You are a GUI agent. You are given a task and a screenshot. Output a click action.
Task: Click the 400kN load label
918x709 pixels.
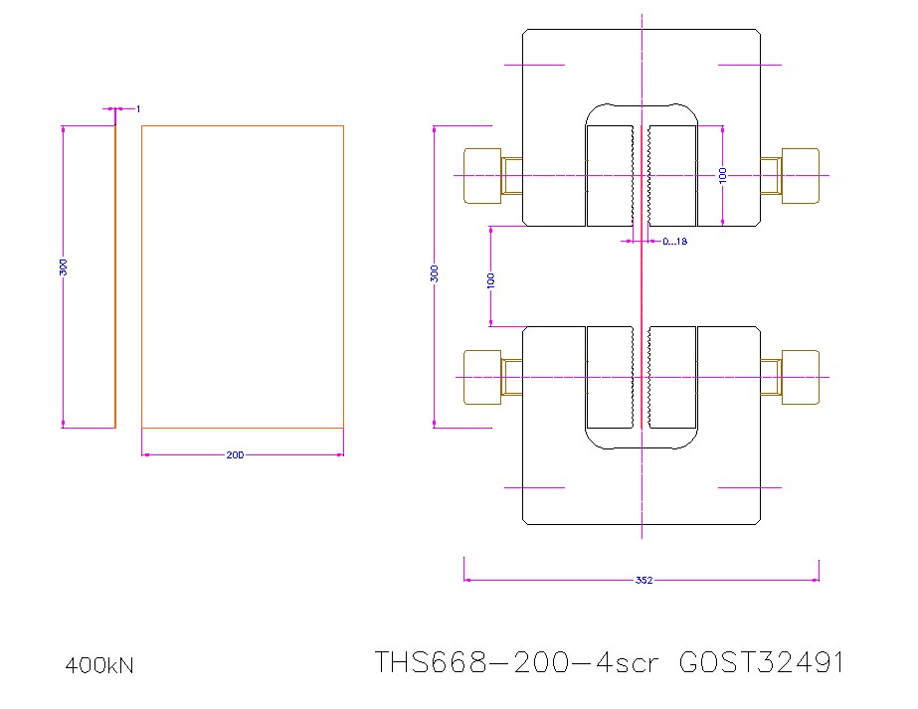coord(99,665)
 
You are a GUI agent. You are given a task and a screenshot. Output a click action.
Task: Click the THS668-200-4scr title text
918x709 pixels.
coord(516,662)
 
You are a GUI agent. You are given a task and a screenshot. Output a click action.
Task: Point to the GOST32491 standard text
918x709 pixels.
coord(761,662)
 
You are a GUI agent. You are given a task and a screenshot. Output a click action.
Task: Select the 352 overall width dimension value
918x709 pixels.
coord(643,581)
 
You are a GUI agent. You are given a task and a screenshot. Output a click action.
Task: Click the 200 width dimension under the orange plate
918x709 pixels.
coord(235,455)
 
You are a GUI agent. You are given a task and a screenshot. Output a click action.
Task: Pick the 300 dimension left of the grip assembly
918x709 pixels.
coord(434,273)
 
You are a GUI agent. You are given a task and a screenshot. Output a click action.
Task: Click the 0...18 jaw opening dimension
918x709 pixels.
coord(675,241)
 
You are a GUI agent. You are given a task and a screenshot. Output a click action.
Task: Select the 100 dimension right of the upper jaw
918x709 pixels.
coord(723,175)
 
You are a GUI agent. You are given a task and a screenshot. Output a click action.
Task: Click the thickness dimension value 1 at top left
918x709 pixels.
coord(138,107)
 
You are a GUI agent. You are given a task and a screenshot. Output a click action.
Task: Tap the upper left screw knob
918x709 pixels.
coord(481,176)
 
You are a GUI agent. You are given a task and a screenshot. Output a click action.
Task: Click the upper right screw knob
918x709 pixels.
coord(801,176)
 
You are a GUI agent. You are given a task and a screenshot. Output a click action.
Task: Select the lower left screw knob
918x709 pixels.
coord(481,378)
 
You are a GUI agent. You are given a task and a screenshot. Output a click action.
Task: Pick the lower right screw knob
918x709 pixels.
coord(801,378)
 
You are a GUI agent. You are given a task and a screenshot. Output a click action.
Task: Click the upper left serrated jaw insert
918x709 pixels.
coord(610,176)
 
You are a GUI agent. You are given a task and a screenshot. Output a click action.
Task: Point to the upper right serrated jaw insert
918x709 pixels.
coord(672,176)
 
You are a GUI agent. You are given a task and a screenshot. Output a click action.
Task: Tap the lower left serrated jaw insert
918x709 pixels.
coord(610,378)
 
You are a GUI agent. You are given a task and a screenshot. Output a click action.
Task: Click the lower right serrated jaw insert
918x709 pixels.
coord(672,378)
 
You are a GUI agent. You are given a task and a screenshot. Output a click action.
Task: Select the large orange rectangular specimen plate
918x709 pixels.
coord(243,276)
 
